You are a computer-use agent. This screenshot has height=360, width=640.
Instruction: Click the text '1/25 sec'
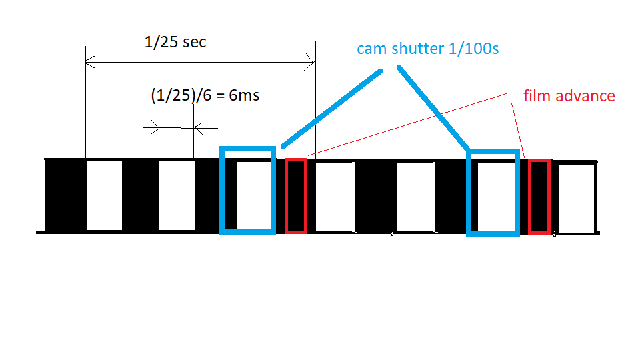coord(175,42)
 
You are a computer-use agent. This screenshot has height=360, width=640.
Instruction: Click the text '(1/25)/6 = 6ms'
coord(205,95)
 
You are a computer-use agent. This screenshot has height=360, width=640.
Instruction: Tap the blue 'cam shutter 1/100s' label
coord(428,49)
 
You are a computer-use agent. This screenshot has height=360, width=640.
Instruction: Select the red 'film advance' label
coord(569,96)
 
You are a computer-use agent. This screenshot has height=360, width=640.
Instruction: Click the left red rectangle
coord(286,196)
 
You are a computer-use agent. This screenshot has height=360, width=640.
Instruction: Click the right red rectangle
coord(529,197)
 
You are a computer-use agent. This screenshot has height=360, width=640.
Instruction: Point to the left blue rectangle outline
coord(221,190)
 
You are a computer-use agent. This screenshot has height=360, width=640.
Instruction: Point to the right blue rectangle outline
coord(469,193)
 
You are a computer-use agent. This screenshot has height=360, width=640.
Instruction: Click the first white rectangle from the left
coord(104,195)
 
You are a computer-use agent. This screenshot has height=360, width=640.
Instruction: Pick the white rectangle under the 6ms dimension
coord(177,195)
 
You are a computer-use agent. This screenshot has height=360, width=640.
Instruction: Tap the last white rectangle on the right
coord(576,199)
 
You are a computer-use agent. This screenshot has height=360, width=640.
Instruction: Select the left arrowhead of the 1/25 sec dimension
coord(90,63)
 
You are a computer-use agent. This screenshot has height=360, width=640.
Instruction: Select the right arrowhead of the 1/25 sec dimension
coord(309,63)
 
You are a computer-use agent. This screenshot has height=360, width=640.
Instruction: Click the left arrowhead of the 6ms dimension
coord(155,127)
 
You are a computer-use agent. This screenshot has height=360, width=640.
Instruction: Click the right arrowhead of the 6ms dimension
coord(199,128)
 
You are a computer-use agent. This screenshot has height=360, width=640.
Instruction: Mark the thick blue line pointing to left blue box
coord(331,109)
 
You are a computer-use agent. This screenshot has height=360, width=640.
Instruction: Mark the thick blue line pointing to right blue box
coord(433,109)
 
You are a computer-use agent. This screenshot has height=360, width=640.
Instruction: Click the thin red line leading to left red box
coord(408,125)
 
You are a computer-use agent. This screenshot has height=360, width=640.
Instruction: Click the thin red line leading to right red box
coord(518,131)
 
